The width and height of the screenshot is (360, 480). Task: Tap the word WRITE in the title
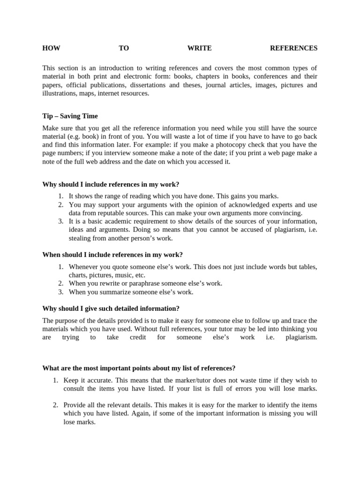coord(200,48)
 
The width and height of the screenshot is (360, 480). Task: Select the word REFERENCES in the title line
coord(294,48)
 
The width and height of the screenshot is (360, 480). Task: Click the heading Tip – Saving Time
coord(70,116)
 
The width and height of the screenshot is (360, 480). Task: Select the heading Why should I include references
coord(111,184)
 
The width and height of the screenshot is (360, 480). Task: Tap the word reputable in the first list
coord(111,213)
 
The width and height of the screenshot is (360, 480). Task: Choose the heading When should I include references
coord(112,255)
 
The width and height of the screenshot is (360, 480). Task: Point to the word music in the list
coord(121,275)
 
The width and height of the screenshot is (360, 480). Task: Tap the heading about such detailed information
coord(111,308)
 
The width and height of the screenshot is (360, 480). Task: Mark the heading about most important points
coord(139,368)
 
